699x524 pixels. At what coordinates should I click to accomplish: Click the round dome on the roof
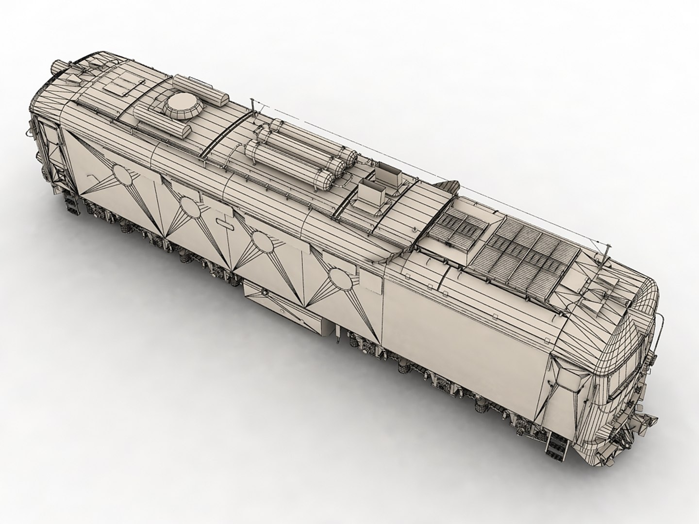(x=183, y=104)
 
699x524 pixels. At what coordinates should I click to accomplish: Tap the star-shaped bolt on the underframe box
(x=265, y=293)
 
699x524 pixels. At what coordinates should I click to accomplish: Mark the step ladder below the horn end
(x=72, y=204)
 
